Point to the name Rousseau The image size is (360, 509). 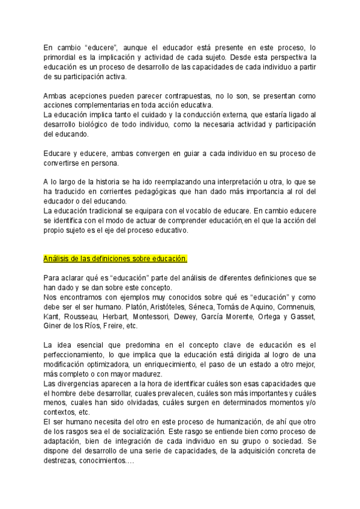pyautogui.click(x=83, y=316)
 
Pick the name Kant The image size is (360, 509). pyautogui.click(x=51, y=316)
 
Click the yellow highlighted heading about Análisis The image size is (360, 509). pyautogui.click(x=115, y=259)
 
